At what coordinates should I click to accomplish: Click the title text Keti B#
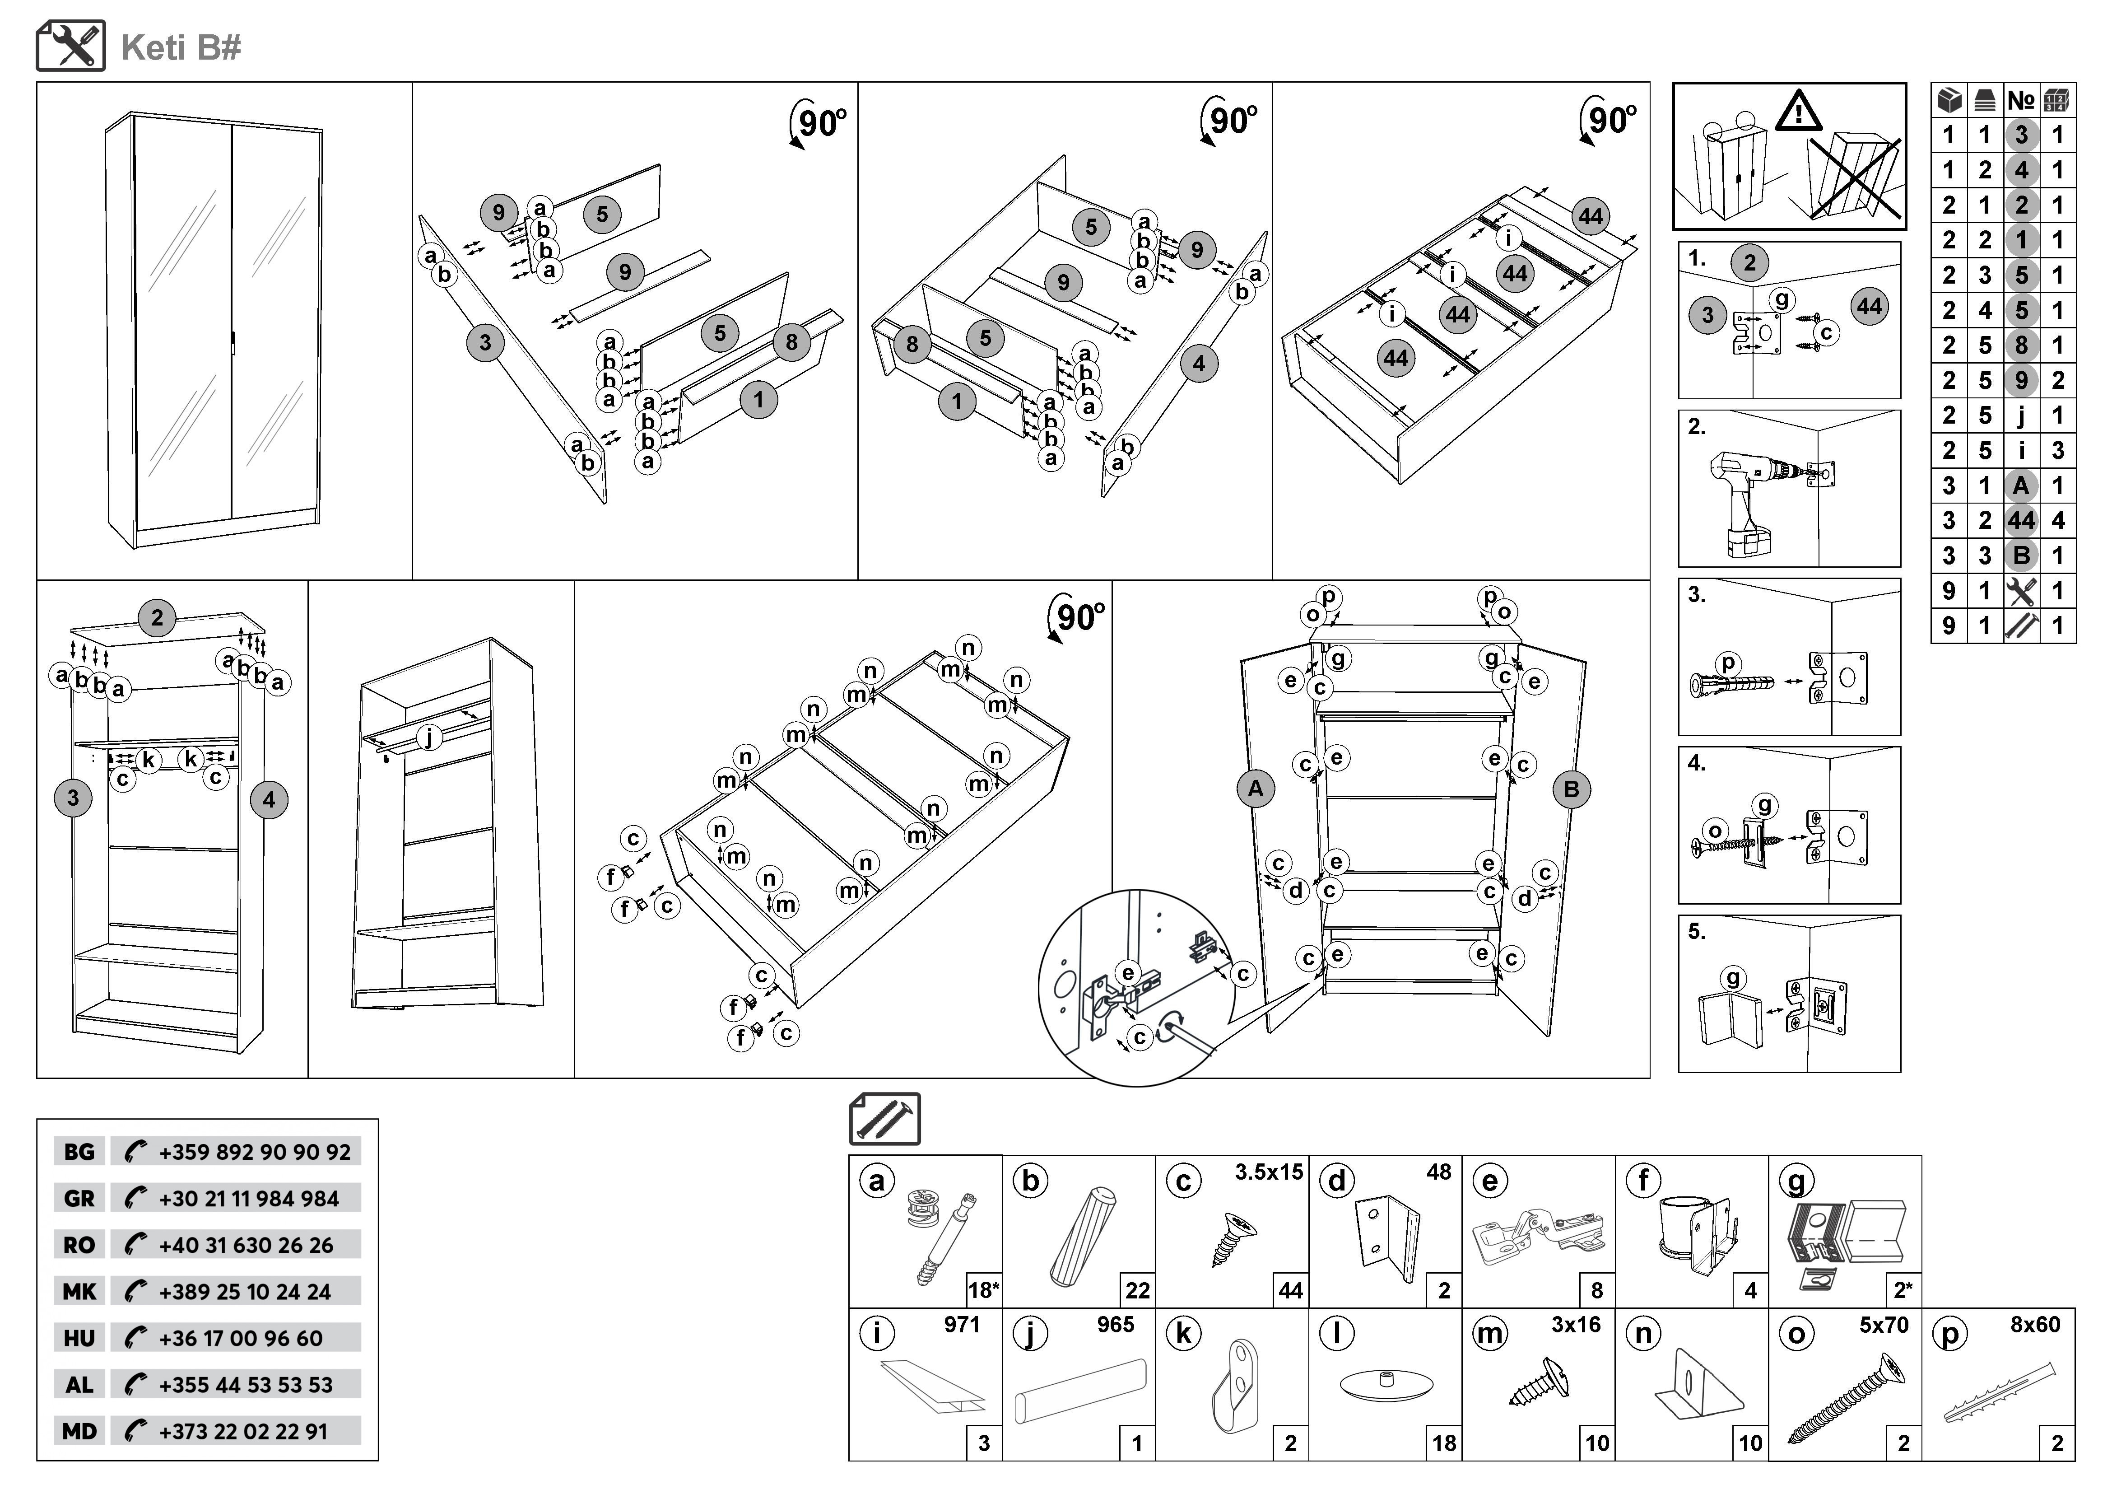[181, 48]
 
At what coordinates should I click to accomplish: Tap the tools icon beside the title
[71, 46]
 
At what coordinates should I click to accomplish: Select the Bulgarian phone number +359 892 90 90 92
[254, 1152]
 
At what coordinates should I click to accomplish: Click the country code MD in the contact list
[79, 1431]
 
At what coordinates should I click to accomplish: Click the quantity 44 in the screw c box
[1290, 1291]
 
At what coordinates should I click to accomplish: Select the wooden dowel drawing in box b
[1083, 1237]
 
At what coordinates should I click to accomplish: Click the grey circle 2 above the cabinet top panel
[157, 617]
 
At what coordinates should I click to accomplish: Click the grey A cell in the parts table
[2021, 486]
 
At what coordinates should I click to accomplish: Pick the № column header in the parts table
[2021, 100]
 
